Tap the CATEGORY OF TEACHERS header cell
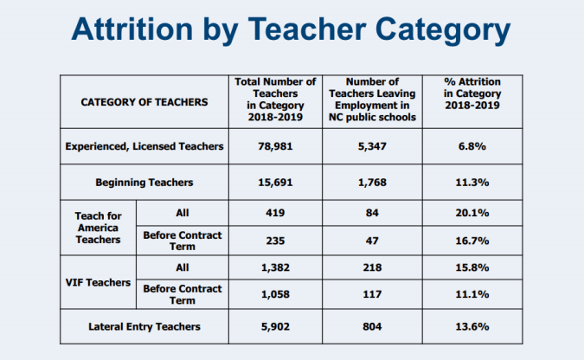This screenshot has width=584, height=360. [x=144, y=101]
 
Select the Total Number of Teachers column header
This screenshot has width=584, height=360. [x=276, y=100]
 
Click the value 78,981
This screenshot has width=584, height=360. [x=276, y=146]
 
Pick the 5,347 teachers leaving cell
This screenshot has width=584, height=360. [x=374, y=146]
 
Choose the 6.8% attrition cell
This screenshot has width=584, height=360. [x=472, y=146]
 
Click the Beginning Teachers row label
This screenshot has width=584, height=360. [x=144, y=183]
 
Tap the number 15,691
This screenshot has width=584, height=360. [x=276, y=183]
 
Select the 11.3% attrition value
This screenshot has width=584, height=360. [x=472, y=183]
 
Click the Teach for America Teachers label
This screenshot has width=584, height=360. [x=99, y=226]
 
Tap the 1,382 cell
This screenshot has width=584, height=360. [x=276, y=268]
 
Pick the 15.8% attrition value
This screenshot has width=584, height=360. [x=472, y=268]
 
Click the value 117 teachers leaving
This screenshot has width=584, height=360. [x=374, y=294]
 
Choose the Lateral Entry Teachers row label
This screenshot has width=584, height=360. [x=144, y=326]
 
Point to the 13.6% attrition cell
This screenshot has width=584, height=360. [x=472, y=326]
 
